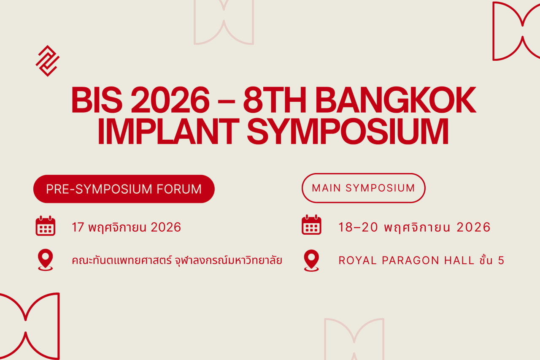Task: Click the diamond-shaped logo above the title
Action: coord(48,61)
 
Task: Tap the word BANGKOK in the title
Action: coord(396,100)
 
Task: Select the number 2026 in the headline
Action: coord(170,100)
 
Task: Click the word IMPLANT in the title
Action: coord(168,131)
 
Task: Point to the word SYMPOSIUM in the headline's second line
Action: coord(348,131)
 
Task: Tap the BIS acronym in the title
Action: coord(97,100)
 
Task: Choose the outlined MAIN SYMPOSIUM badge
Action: coord(363,188)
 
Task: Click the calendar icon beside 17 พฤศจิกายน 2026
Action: coord(45,226)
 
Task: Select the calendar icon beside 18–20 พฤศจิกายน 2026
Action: coord(311,225)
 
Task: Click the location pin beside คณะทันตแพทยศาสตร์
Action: coord(45,260)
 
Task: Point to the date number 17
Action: coord(78,227)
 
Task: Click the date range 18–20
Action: coord(358,227)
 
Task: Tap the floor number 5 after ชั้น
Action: coord(501,260)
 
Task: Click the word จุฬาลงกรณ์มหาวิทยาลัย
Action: coord(228,260)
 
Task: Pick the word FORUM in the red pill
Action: coord(179,189)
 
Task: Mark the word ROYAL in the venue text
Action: coord(357,260)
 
